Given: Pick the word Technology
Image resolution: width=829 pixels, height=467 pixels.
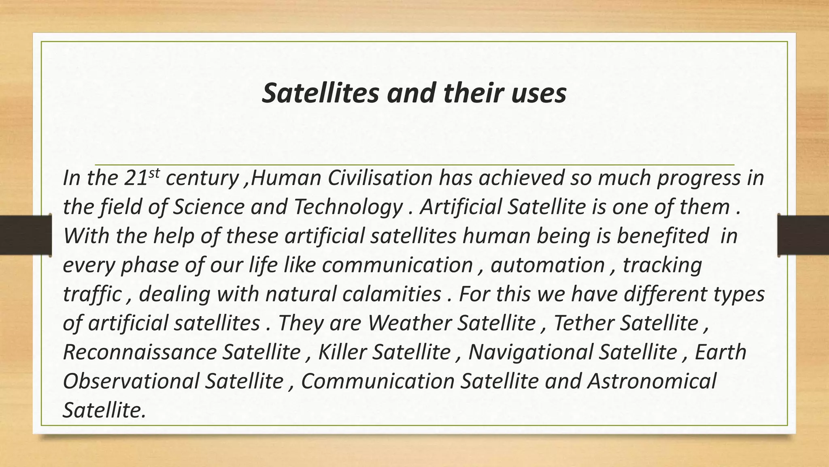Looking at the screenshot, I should tap(348, 207).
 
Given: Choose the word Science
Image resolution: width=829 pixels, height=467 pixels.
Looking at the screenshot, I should tap(208, 207).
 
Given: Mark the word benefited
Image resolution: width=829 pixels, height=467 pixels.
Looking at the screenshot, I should tap(663, 236).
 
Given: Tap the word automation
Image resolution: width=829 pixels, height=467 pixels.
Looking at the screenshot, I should tap(548, 265).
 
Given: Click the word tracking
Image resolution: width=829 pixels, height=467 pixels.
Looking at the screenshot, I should tap(662, 266).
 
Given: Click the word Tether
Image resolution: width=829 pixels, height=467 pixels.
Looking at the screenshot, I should tap(583, 323).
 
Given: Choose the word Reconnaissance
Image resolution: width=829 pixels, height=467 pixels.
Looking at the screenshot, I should tap(140, 352).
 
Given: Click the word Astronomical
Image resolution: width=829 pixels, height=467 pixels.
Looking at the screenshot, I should tap(651, 381).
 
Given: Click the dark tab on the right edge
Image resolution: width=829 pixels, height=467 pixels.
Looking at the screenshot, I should tap(803, 235).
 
